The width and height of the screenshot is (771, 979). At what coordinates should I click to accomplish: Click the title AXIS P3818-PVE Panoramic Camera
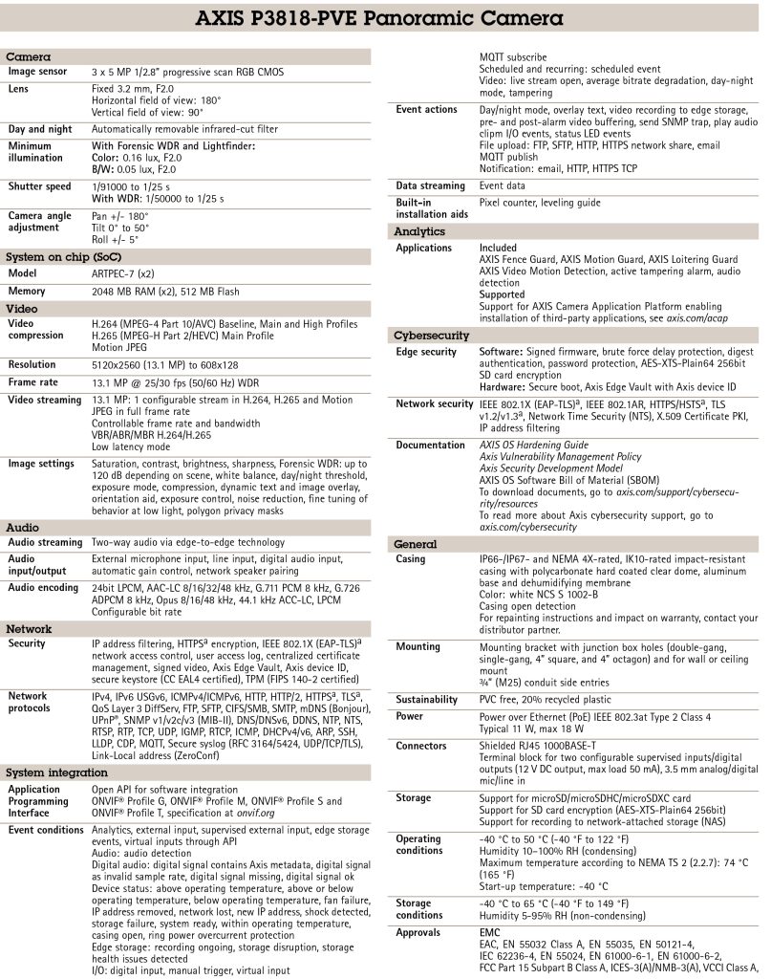click(385, 19)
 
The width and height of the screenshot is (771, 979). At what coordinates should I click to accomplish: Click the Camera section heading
click(28, 57)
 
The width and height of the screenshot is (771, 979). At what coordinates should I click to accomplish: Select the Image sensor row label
click(37, 72)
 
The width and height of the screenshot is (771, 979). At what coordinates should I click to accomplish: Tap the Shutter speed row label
click(39, 186)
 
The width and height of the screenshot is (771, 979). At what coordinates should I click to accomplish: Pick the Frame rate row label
click(36, 381)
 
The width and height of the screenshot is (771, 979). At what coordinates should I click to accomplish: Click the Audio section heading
click(23, 527)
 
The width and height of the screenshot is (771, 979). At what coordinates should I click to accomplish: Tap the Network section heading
click(30, 629)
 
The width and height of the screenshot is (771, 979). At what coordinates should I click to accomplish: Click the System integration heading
click(58, 772)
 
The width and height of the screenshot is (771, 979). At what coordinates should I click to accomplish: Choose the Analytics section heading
click(419, 231)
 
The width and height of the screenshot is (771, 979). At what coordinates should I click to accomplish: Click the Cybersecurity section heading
click(431, 336)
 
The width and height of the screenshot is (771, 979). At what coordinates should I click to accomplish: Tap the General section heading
click(416, 544)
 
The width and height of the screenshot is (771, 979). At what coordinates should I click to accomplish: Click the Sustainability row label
click(427, 700)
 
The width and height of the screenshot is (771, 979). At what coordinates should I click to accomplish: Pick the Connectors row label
click(421, 746)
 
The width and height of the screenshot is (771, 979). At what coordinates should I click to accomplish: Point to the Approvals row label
click(418, 931)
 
